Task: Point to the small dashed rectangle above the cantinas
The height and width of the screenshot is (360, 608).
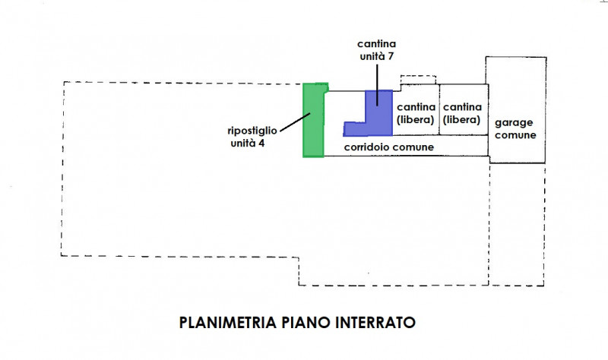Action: tap(419, 80)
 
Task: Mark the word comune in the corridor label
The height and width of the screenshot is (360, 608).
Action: tap(414, 147)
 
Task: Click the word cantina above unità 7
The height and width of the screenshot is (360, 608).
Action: tap(377, 44)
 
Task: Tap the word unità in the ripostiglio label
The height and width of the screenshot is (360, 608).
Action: tap(243, 143)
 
